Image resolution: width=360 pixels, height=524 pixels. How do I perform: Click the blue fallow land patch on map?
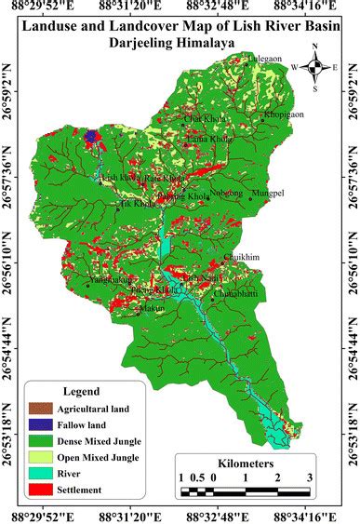(x=90, y=137)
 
